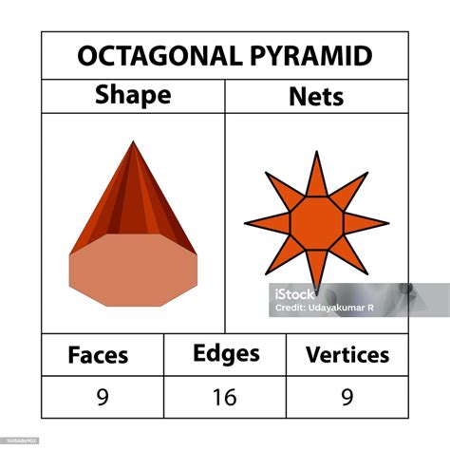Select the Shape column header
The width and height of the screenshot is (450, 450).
pos(133,96)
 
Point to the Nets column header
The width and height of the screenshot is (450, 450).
pos(316,96)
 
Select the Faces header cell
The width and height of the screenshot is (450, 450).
pos(99,355)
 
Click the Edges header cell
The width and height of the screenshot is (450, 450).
pos(225,354)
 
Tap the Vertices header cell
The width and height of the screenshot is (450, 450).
pos(347,355)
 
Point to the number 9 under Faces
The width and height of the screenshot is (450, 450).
pos(102,398)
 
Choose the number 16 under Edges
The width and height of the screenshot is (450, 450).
pos(225,398)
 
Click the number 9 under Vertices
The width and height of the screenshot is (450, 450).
pos(347,398)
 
